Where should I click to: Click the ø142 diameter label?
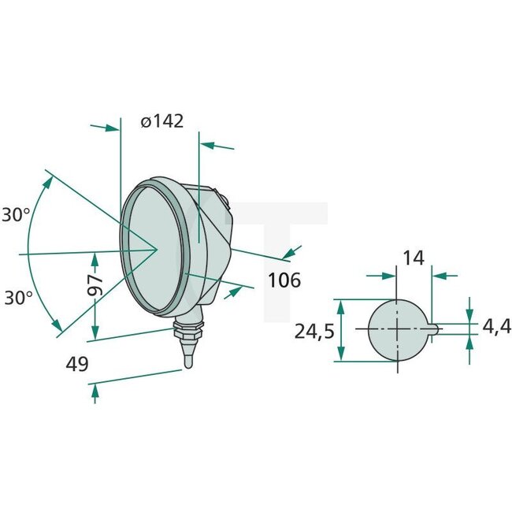(x=161, y=121)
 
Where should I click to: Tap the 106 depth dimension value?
(x=284, y=280)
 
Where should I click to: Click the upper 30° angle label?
(x=16, y=214)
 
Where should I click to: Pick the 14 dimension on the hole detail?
(x=413, y=258)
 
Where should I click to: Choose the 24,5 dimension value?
(x=315, y=332)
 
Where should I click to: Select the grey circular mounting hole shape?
(x=398, y=330)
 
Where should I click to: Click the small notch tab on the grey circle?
(x=435, y=330)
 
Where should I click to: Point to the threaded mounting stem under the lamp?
(x=190, y=335)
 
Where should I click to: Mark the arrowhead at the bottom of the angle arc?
(x=57, y=325)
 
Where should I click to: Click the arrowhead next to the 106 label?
(x=292, y=251)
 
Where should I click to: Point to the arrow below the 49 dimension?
(x=95, y=391)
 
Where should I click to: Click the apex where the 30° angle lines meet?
(x=156, y=250)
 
